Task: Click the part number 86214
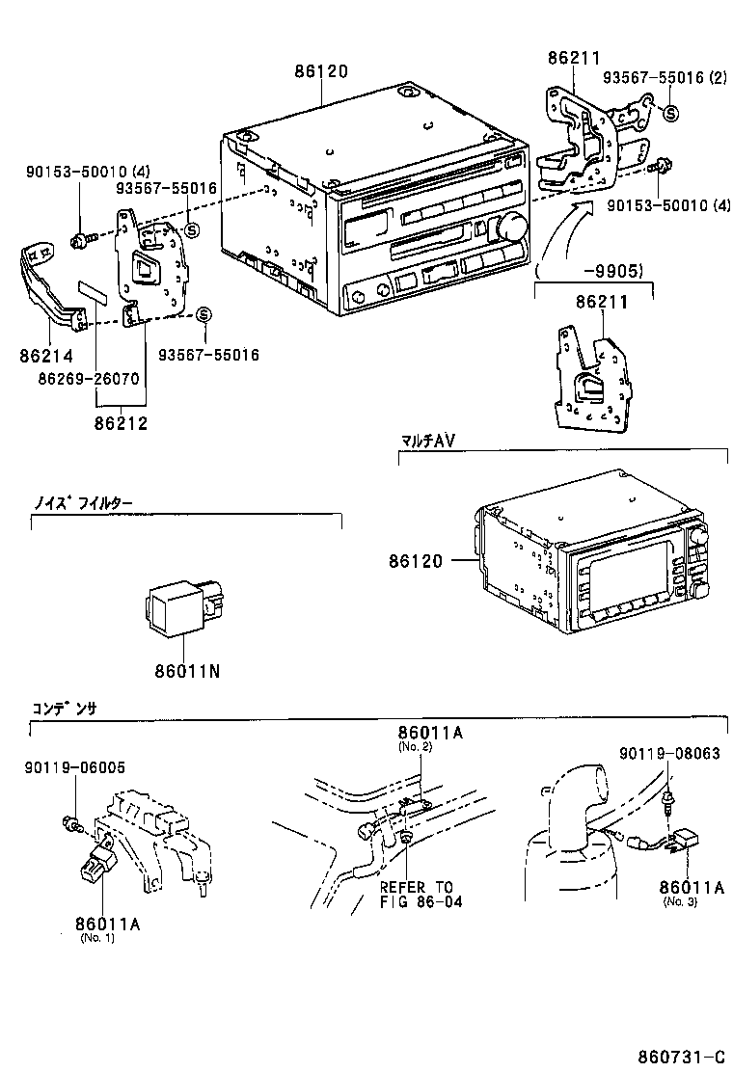pos(45,356)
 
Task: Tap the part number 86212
pos(122,422)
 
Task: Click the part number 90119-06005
pos(74,766)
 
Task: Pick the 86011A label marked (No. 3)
pos(692,888)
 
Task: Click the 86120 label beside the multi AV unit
pos(418,560)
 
